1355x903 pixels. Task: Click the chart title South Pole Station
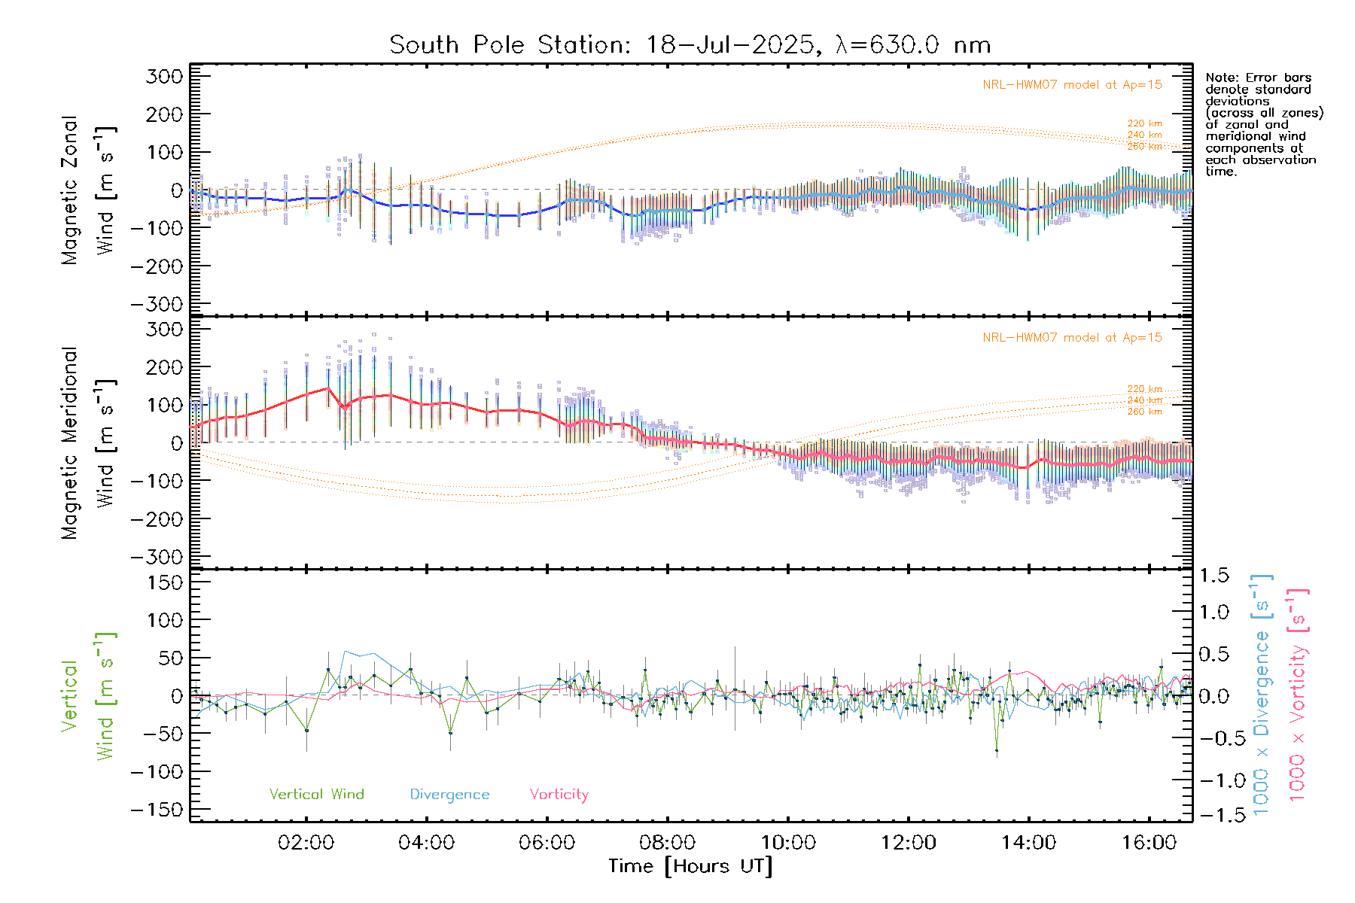[x=690, y=45]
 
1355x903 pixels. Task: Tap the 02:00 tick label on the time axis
[x=306, y=843]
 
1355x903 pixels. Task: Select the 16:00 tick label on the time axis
[x=1149, y=843]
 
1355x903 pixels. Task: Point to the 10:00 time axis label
[x=788, y=843]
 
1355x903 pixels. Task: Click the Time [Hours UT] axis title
[x=690, y=866]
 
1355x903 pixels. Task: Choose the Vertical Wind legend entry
[x=316, y=795]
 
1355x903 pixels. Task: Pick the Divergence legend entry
[x=449, y=795]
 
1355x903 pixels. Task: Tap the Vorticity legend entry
[x=559, y=795]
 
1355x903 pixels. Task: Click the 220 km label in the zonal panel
[x=1144, y=123]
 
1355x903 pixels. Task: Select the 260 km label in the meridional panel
[x=1144, y=412]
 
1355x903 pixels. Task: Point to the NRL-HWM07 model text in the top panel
[x=1072, y=85]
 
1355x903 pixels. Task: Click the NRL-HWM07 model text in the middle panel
[x=1072, y=338]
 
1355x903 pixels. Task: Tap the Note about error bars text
[x=1263, y=124]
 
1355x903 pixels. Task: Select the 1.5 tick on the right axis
[x=1213, y=576]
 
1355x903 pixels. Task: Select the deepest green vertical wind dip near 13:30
[x=997, y=749]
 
